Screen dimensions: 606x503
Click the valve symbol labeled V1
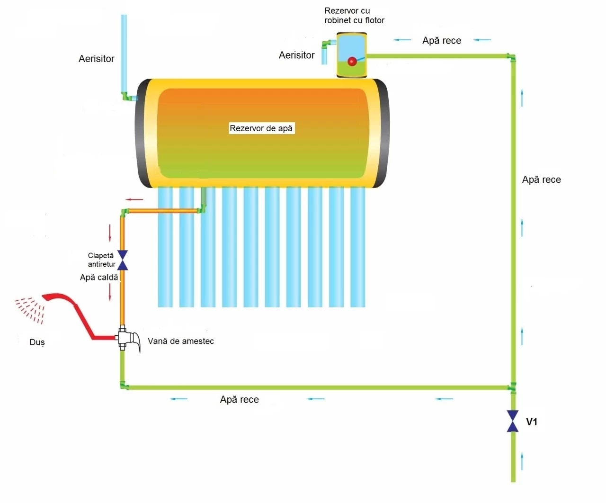point(513,421)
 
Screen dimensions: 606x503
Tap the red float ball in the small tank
point(352,61)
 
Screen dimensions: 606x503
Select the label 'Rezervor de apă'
point(261,128)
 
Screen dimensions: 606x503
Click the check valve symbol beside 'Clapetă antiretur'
point(123,260)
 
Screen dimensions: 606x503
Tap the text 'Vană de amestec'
point(181,341)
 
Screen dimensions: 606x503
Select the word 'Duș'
point(37,342)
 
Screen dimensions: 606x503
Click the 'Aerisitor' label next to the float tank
point(297,55)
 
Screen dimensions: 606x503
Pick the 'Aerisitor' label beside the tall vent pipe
point(97,59)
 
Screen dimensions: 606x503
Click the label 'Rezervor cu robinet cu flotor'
point(355,15)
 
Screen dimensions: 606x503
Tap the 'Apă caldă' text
point(99,278)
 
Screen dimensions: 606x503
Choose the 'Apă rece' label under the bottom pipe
point(239,399)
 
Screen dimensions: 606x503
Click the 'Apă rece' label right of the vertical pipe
point(541,180)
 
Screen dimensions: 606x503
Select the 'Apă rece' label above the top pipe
point(441,40)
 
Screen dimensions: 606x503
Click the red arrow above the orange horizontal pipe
point(134,199)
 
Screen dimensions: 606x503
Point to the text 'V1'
point(532,422)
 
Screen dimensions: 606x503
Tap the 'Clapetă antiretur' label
point(102,260)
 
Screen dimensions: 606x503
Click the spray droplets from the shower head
point(30,310)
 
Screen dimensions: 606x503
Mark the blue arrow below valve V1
point(522,461)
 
